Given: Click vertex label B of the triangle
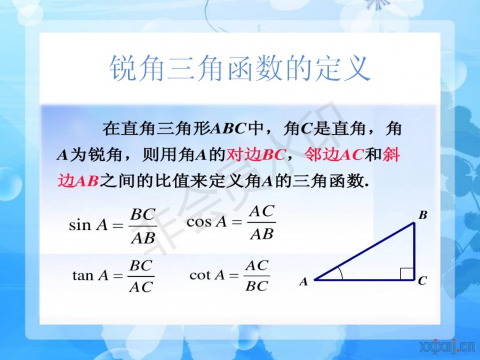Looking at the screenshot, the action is (423, 215).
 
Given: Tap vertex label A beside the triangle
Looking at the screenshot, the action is (303, 281).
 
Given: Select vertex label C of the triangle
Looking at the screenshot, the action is (422, 281).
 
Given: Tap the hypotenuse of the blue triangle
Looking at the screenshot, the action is (364, 251).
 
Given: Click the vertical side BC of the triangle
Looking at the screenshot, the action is (414, 251).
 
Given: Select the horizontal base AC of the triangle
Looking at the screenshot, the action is (364, 279).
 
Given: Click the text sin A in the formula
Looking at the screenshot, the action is (88, 225).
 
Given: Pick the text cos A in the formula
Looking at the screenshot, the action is (206, 222).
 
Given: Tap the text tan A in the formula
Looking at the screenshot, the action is (91, 275).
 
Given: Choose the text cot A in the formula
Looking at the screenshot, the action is (207, 275).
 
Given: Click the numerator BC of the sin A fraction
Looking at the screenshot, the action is (143, 214).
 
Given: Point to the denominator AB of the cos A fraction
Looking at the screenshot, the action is (261, 235).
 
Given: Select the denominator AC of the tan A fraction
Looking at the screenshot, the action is (141, 287).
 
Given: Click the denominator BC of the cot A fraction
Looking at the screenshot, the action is (257, 286).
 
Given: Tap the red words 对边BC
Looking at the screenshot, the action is (255, 155).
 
